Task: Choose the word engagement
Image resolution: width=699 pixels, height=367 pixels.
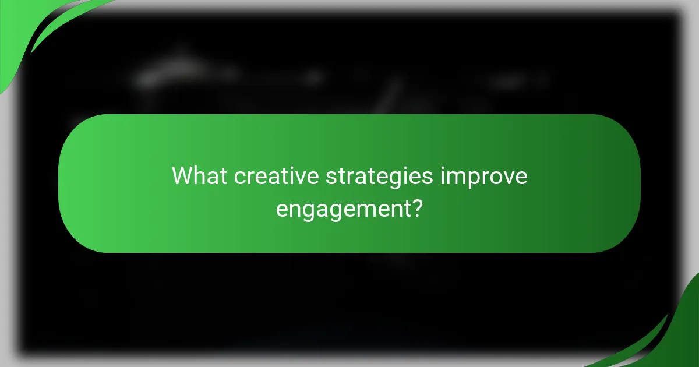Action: pos(341,209)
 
